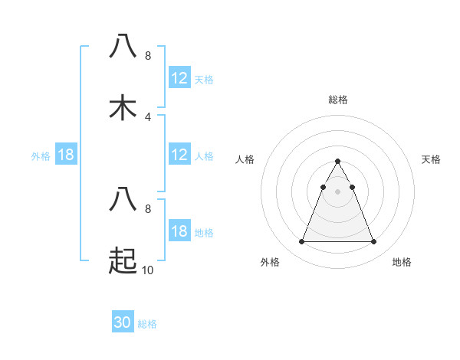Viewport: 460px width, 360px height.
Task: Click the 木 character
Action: pyautogui.click(x=123, y=107)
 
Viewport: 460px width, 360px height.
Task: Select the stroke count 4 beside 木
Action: pyautogui.click(x=147, y=116)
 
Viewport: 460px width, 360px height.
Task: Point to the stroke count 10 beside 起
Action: pyautogui.click(x=149, y=270)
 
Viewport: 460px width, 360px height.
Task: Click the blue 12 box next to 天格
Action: pyautogui.click(x=179, y=78)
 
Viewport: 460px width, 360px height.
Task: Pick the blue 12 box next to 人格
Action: pyautogui.click(x=179, y=155)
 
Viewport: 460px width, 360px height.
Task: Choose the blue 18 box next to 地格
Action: pyautogui.click(x=179, y=231)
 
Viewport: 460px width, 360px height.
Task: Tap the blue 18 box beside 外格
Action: pyautogui.click(x=65, y=155)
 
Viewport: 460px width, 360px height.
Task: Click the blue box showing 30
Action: pyautogui.click(x=122, y=322)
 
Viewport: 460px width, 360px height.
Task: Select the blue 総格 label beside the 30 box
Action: pyautogui.click(x=147, y=324)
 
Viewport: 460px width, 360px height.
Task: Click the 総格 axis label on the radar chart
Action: pyautogui.click(x=337, y=100)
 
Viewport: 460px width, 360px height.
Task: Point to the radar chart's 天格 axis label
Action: pyautogui.click(x=431, y=159)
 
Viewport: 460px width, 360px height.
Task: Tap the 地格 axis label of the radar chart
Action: pyautogui.click(x=402, y=262)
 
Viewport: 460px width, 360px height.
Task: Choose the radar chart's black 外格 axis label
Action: pyautogui.click(x=270, y=262)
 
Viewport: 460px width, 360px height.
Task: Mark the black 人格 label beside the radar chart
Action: pyautogui.click(x=245, y=159)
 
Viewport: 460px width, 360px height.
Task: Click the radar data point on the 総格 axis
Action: pyautogui.click(x=337, y=162)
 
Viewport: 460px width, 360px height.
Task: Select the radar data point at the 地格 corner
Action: pyautogui.click(x=373, y=242)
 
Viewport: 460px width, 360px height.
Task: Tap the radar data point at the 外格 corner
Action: pyautogui.click(x=301, y=242)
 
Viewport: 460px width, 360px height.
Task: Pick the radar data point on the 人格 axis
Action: pyautogui.click(x=323, y=186)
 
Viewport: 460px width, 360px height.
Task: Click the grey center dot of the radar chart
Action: pyautogui.click(x=337, y=191)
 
